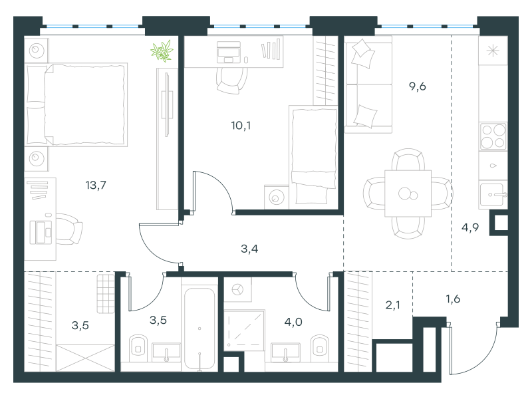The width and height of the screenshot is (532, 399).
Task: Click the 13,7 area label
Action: pyautogui.click(x=96, y=186)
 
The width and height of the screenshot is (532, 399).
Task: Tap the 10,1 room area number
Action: pyautogui.click(x=241, y=126)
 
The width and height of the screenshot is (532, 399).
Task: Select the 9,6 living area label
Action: pyautogui.click(x=418, y=86)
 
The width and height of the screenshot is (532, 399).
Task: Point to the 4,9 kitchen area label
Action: pyautogui.click(x=470, y=227)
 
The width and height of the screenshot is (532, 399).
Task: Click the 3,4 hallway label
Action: pyautogui.click(x=249, y=249)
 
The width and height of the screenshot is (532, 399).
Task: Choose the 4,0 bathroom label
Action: pyautogui.click(x=293, y=322)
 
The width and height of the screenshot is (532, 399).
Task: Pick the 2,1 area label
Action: pyautogui.click(x=392, y=305)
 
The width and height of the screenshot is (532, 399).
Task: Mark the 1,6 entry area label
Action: pyautogui.click(x=453, y=299)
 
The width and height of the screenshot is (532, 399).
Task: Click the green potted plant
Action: pyautogui.click(x=162, y=51)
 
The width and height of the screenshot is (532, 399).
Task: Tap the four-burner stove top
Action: pyautogui.click(x=493, y=136)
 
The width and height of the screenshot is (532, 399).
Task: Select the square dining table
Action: pyautogui.click(x=408, y=194)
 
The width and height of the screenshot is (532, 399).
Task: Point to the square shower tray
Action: pyautogui.click(x=244, y=330)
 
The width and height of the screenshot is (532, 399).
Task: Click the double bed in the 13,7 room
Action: pyautogui.click(x=76, y=104)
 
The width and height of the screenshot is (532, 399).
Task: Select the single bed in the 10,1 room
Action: pyautogui.click(x=313, y=157)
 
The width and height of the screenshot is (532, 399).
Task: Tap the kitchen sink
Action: pyautogui.click(x=493, y=195)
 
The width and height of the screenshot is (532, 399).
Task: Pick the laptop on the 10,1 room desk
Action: pyautogui.click(x=229, y=53)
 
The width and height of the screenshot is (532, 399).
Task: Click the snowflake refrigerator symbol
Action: pyautogui.click(x=493, y=51)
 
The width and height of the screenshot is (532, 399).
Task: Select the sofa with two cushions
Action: pyautogui.click(x=368, y=85)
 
